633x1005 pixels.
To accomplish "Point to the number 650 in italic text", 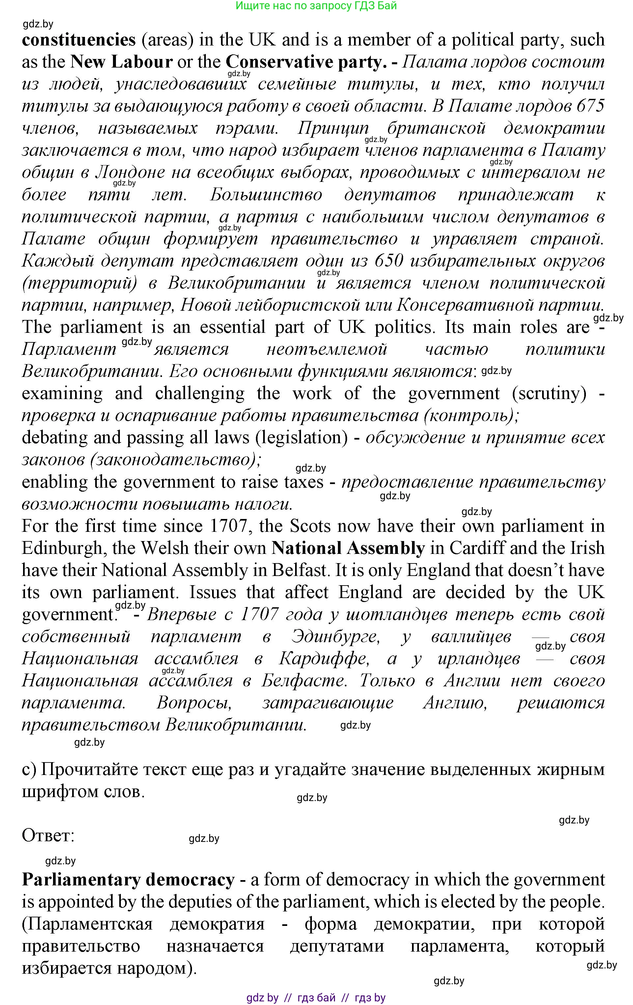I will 389,261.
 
